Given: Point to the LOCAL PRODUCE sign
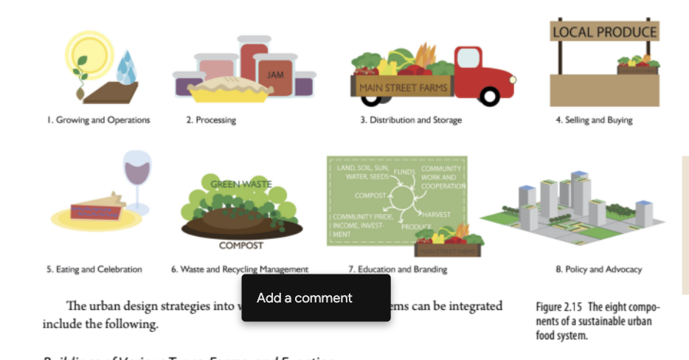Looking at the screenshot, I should click(x=604, y=32).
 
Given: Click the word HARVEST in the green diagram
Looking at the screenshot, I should click(x=437, y=214).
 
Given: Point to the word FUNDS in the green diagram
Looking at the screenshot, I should click(x=404, y=172).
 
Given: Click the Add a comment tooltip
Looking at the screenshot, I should click(x=316, y=298).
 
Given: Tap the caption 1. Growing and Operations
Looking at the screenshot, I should click(x=103, y=120).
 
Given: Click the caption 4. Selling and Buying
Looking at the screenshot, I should click(x=594, y=120).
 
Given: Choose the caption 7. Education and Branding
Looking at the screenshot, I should click(x=398, y=270).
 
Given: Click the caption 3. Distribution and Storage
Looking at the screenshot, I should click(x=411, y=120).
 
